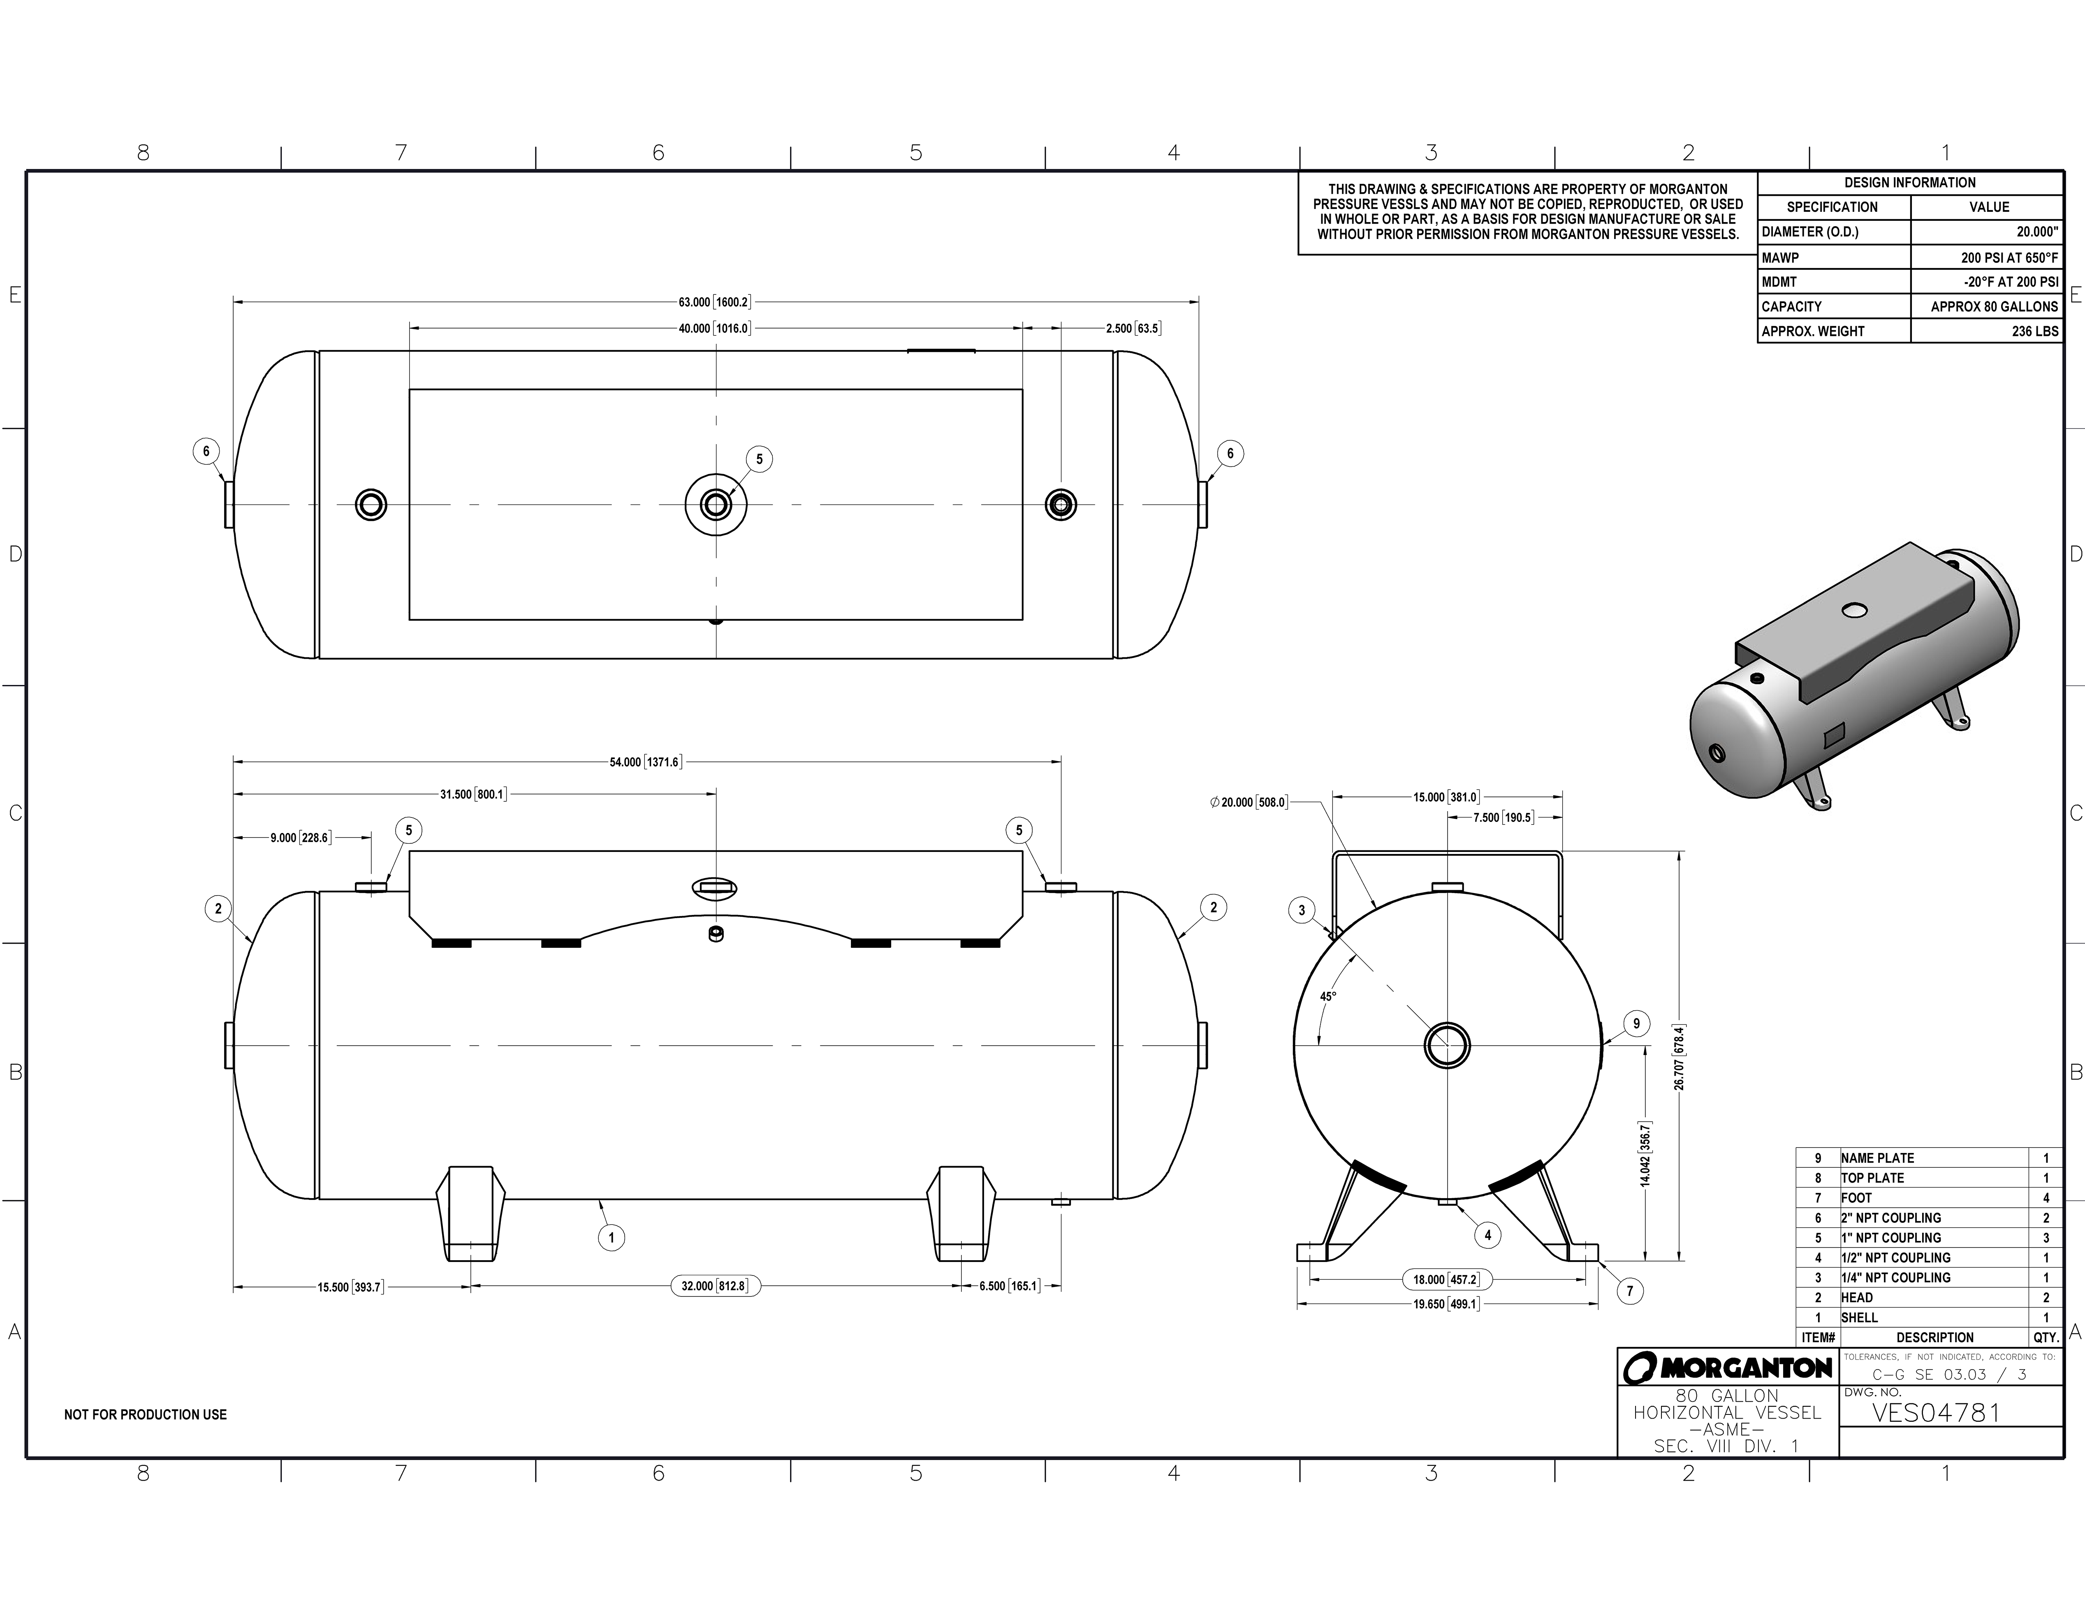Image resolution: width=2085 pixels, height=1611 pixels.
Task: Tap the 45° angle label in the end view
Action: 1328,996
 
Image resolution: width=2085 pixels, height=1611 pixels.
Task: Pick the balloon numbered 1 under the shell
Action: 611,1238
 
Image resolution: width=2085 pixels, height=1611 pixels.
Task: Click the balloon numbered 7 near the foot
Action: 1630,1291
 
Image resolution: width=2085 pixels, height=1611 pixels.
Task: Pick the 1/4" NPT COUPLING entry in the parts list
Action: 1895,1277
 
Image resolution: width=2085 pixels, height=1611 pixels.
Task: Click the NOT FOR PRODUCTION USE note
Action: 145,1414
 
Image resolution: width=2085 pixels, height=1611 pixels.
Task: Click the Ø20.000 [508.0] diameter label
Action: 1249,803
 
